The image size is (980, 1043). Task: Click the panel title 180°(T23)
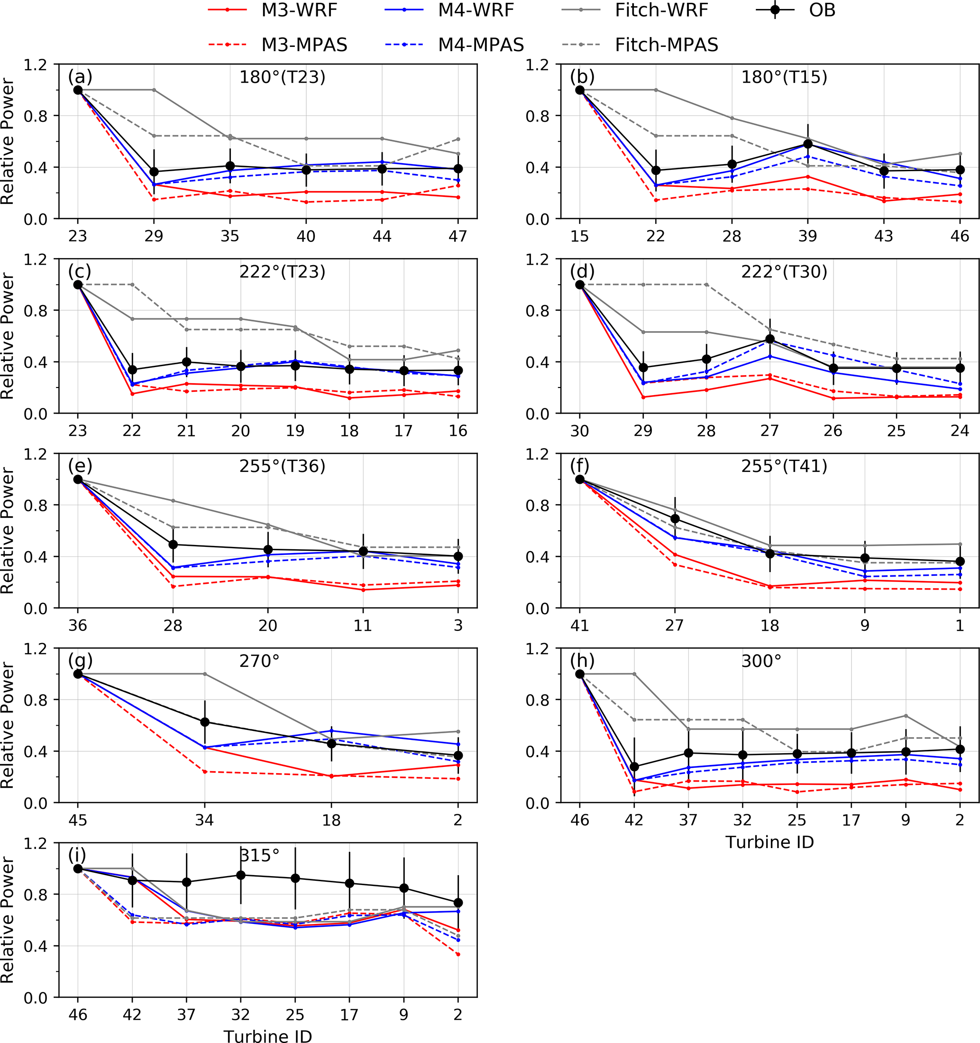pos(282,78)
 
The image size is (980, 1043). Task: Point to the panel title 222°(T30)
pos(784,272)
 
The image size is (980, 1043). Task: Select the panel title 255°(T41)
pos(784,466)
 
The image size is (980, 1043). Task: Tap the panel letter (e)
pos(80,466)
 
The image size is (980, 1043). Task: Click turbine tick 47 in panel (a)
pos(458,237)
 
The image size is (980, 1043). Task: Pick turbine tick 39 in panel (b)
pos(807,237)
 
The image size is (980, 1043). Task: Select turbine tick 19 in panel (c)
pos(295,431)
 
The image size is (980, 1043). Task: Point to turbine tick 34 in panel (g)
pos(204,820)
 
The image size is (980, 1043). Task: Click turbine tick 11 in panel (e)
pos(363,626)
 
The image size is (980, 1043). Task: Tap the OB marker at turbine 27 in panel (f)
pos(675,519)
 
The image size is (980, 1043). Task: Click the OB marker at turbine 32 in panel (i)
pos(241,875)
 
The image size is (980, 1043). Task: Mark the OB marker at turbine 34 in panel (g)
pos(204,722)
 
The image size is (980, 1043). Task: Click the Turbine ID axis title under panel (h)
pos(769,842)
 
